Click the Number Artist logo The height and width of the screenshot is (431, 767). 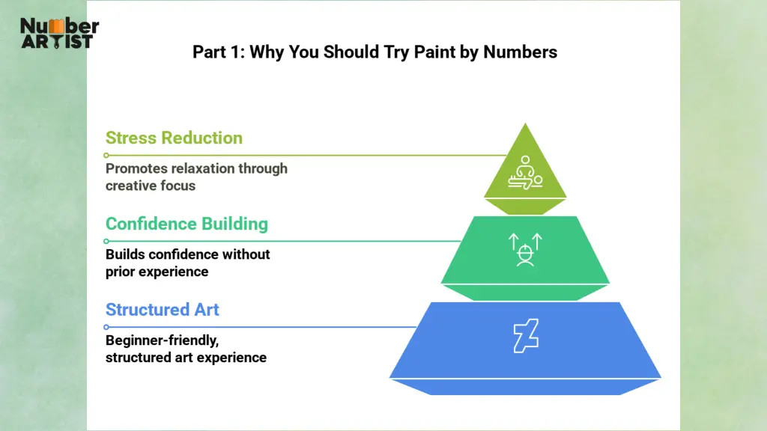coord(59,34)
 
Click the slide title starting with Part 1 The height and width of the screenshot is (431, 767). coord(375,52)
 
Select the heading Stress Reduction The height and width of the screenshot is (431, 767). coord(174,138)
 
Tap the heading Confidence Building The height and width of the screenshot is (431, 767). coord(187,224)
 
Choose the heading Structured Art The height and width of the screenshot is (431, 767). coord(163,310)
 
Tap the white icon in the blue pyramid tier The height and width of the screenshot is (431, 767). coord(525,335)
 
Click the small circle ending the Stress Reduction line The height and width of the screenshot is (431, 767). coord(106,155)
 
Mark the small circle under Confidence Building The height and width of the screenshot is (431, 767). coord(106,241)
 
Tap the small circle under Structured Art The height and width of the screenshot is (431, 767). coord(106,327)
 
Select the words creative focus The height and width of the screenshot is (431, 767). coord(151,186)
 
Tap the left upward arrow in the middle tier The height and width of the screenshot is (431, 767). coord(513,241)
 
